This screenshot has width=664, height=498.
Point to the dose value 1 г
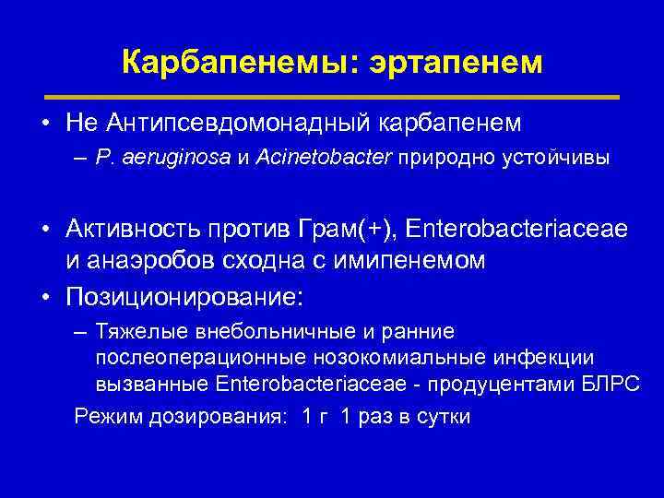(x=312, y=417)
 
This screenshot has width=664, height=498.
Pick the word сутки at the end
(x=444, y=417)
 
